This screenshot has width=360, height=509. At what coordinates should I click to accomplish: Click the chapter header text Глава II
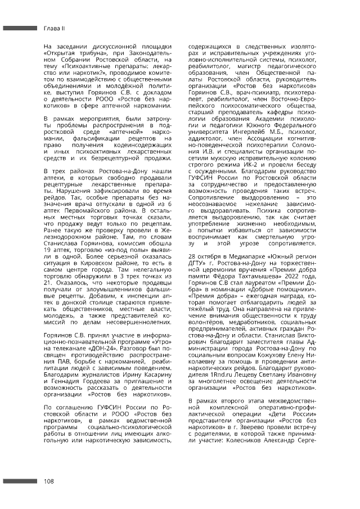pyautogui.click(x=55, y=27)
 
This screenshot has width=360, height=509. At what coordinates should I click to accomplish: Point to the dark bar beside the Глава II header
pyautogui.click(x=19, y=27)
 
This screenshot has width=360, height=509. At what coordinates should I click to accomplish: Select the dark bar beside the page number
pyautogui.click(x=19, y=481)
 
